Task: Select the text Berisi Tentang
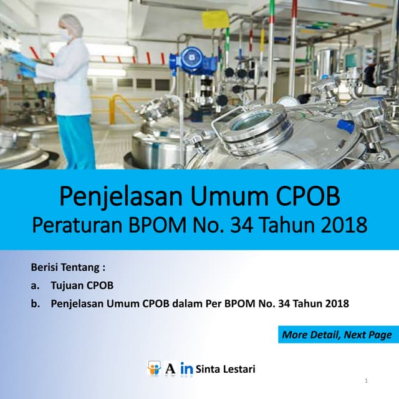pos(67,268)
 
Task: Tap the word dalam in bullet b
pos(204,304)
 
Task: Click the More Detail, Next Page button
pos(337,335)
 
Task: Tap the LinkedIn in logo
pos(186,369)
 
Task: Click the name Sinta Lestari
pos(225,369)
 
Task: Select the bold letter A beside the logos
pos(170,369)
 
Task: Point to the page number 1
pos(366,380)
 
